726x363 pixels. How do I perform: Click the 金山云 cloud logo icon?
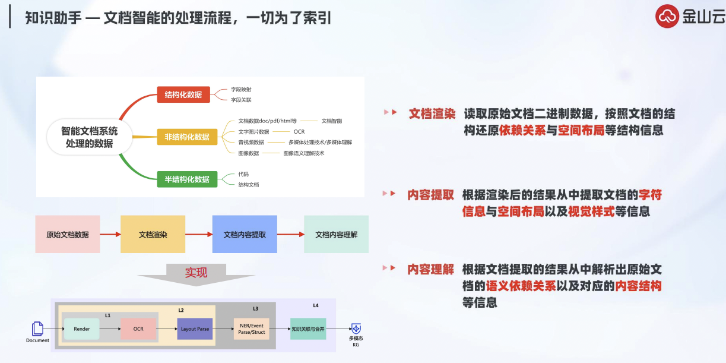coord(667,17)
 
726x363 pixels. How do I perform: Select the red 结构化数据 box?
coord(183,94)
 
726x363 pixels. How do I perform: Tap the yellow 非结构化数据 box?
coord(187,137)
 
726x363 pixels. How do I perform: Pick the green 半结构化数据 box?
coord(187,179)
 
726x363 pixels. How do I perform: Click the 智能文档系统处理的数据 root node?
coord(90,137)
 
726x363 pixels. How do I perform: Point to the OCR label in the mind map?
coord(299,132)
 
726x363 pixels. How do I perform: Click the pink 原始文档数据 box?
coord(68,235)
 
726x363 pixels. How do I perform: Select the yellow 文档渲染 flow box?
coord(153,235)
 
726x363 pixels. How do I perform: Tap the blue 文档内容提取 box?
coord(245,235)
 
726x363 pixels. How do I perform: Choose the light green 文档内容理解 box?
coord(337,235)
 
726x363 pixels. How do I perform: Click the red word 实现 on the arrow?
coord(196,273)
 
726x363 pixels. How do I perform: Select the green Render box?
coord(82,329)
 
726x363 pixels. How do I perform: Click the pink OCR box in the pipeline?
coord(138,329)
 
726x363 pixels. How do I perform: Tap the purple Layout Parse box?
coord(195,329)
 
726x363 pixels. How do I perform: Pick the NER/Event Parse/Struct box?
coord(251,329)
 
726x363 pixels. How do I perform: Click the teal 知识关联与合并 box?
coord(308,329)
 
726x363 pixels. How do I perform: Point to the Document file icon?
coord(37,329)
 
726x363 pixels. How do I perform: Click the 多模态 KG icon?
coord(356,329)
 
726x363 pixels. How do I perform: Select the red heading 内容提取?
coord(431,195)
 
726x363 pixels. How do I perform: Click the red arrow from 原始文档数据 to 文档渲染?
coord(110,235)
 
